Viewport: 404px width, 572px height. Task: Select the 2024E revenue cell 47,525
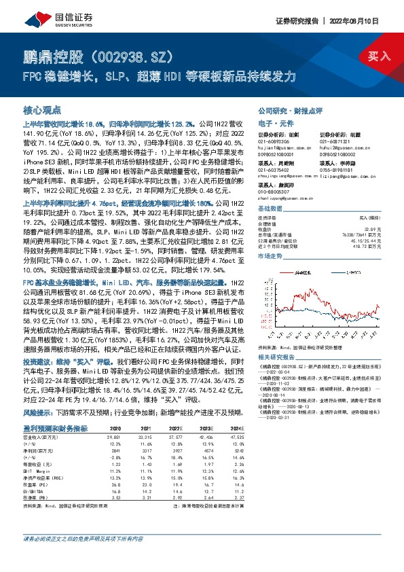point(369,437)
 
